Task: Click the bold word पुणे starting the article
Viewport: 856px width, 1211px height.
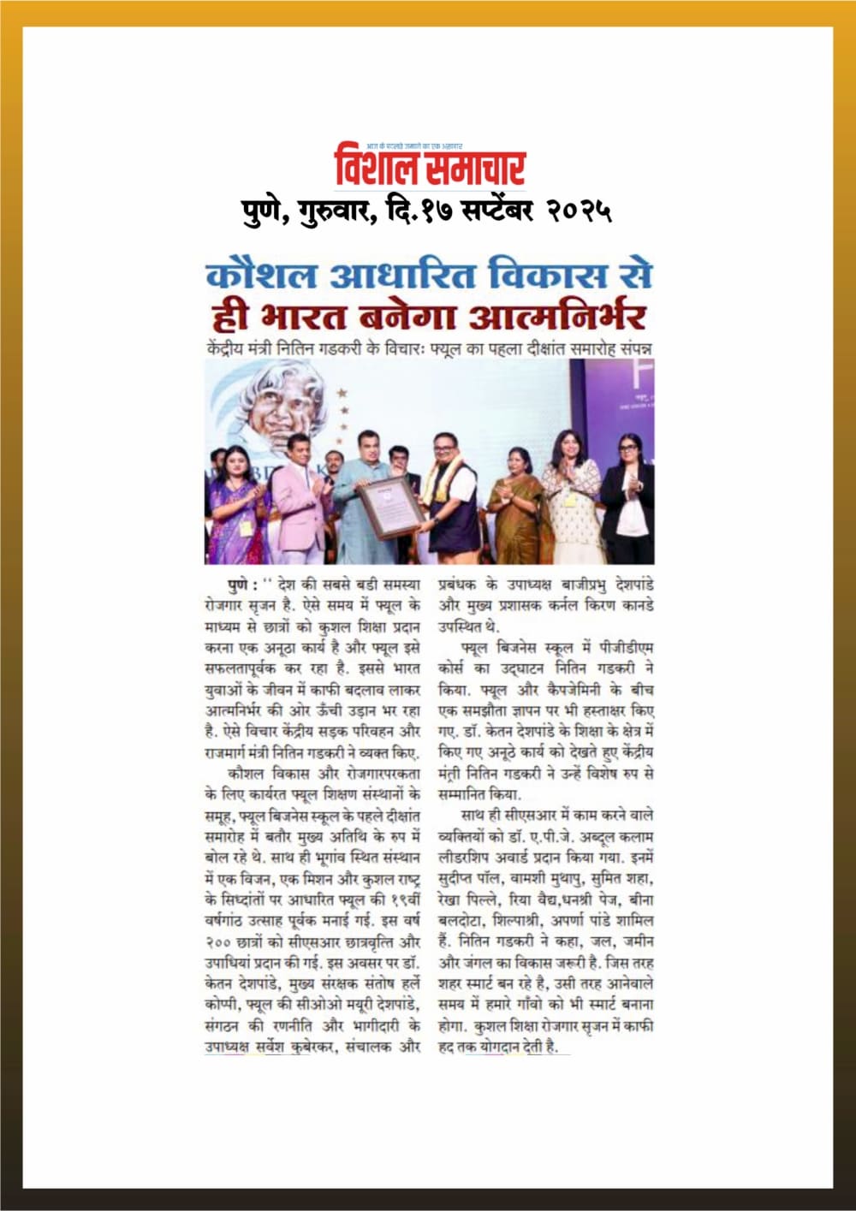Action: (x=242, y=585)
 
